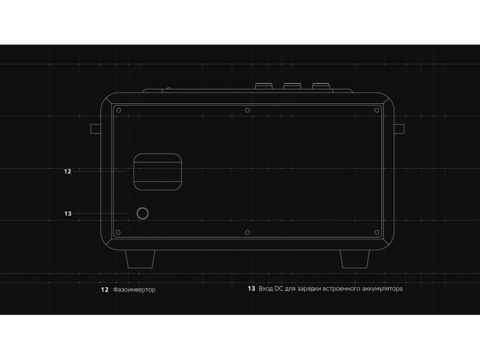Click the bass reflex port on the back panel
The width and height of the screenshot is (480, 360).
point(158,171)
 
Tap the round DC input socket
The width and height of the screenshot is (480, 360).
point(143,213)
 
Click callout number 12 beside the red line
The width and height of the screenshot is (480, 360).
point(68,171)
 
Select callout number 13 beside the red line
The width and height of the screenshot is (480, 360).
point(68,213)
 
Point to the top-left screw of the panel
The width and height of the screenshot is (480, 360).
point(118,110)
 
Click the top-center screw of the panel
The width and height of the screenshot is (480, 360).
point(247,110)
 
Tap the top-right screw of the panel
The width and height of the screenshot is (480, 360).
point(376,110)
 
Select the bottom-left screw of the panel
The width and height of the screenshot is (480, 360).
point(118,232)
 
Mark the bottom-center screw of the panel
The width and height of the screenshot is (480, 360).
point(247,232)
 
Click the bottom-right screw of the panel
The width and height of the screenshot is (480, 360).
point(376,232)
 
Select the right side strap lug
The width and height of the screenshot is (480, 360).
point(398,128)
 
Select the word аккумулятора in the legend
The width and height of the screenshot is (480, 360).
point(381,289)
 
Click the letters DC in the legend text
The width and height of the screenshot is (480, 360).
point(279,289)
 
